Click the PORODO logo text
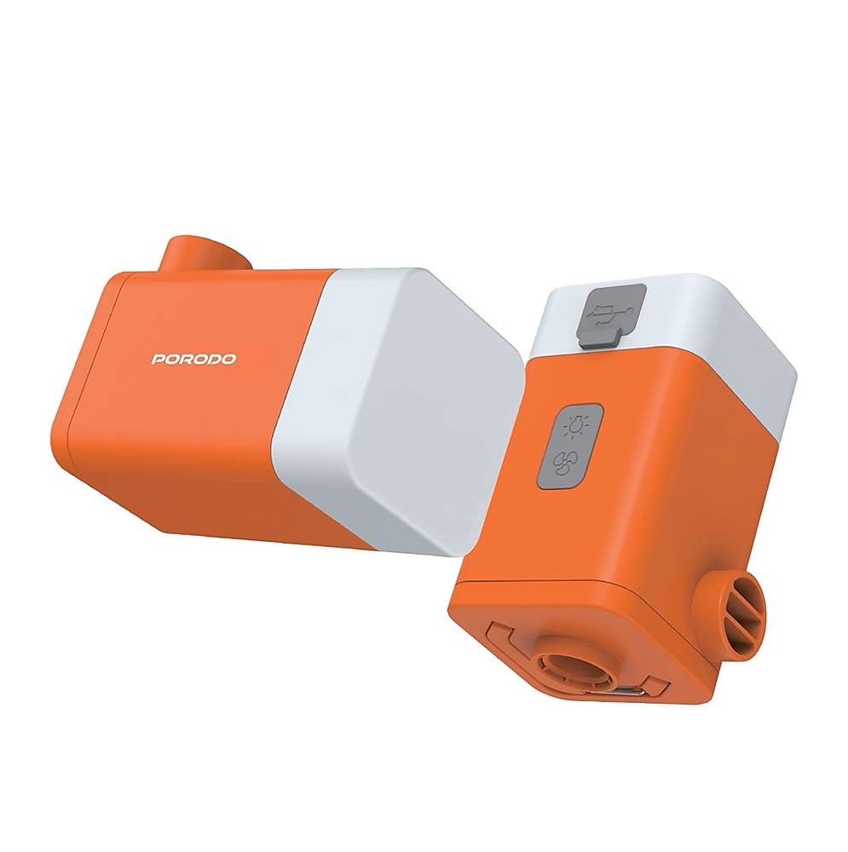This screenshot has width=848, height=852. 194,359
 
